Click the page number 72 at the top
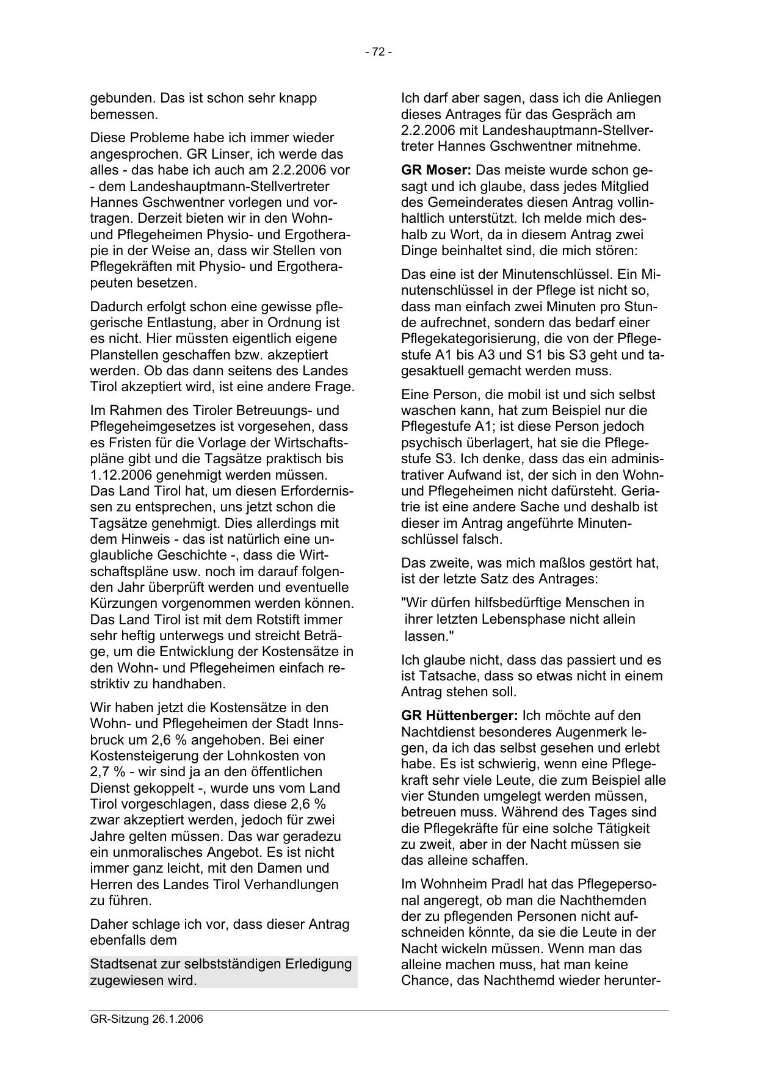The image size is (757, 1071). [x=378, y=52]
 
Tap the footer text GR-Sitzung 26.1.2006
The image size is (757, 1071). [x=146, y=1019]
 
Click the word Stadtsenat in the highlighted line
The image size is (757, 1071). [x=122, y=964]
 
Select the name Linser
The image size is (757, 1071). [x=210, y=154]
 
